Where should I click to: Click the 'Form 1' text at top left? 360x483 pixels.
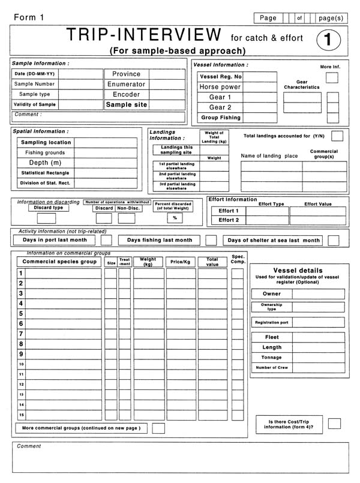point(29,18)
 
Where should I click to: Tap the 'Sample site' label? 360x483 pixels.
point(127,104)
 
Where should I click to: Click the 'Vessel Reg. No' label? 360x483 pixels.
point(220,77)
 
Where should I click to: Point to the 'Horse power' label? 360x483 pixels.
point(220,87)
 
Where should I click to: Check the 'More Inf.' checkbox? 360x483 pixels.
point(332,78)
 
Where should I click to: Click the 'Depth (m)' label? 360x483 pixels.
point(46,163)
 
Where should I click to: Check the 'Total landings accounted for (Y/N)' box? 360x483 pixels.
point(338,136)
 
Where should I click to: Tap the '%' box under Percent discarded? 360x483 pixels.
point(175,218)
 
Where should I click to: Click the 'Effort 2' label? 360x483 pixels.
point(229,220)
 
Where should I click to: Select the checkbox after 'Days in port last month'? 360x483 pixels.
point(106,240)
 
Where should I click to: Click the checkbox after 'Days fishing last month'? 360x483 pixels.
point(211,240)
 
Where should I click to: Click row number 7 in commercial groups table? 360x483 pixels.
point(21,334)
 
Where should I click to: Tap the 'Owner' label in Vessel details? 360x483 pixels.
point(272,294)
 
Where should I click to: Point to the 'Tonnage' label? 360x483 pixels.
point(272,358)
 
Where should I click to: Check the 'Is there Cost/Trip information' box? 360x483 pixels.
point(334,424)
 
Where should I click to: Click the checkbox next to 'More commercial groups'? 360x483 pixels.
point(158,428)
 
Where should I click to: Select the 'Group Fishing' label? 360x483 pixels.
point(220,118)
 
